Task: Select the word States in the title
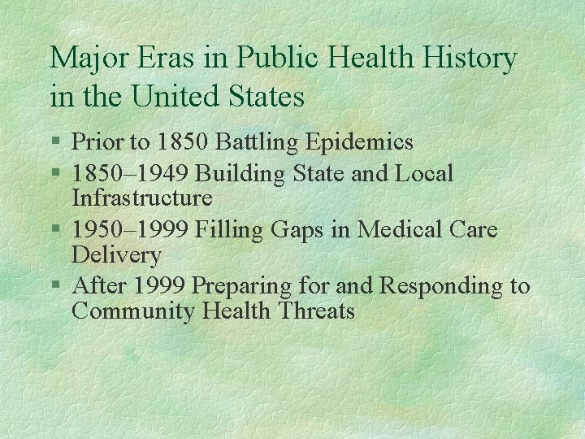pyautogui.click(x=265, y=97)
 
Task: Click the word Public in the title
pyautogui.click(x=266, y=58)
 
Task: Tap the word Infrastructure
pyautogui.click(x=142, y=198)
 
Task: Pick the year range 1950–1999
pyautogui.click(x=130, y=229)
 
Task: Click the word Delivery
pyautogui.click(x=116, y=255)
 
